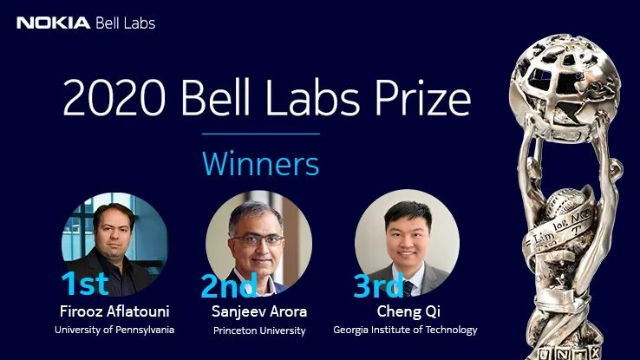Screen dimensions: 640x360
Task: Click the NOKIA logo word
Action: point(53,23)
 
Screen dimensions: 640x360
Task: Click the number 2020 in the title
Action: point(114,98)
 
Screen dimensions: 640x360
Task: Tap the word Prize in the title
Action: point(422,98)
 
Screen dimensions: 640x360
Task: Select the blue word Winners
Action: point(260,164)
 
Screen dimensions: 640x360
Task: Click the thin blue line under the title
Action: point(261,134)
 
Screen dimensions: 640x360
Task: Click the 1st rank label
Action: point(85,284)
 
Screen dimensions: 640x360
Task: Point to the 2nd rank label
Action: point(229,285)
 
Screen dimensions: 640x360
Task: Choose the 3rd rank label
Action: point(378,285)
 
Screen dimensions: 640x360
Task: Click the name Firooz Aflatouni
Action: point(114,311)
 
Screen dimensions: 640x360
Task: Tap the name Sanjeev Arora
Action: point(259,311)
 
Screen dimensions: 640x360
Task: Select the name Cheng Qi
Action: point(408,311)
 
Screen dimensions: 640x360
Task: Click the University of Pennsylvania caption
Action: point(114,330)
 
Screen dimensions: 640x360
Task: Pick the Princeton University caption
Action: point(259,331)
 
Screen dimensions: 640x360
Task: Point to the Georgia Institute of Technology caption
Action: point(405,330)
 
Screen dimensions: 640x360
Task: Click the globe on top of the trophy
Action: point(565,88)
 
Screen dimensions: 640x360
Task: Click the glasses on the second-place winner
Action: point(258,239)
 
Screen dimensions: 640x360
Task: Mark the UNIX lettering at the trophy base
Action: point(570,353)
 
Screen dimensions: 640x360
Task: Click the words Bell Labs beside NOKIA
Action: point(125,23)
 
